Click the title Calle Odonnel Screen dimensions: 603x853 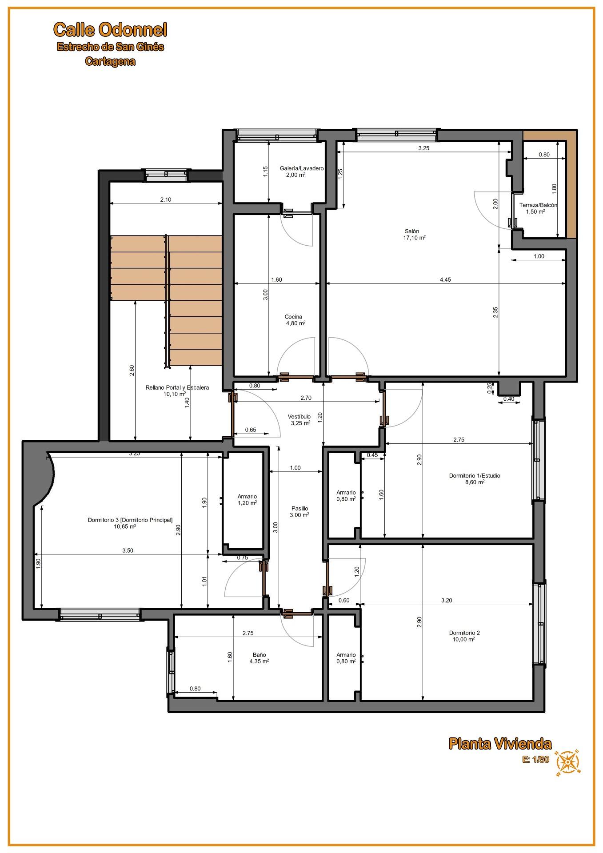pos(110,30)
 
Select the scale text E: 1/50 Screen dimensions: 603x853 pos(535,759)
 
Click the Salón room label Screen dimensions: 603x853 pos(412,231)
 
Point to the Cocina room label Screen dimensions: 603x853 pos(293,317)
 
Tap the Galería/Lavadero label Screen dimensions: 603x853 pos(302,168)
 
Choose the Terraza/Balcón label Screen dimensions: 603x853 pos(538,205)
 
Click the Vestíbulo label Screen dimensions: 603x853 pos(299,416)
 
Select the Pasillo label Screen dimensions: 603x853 pos(300,508)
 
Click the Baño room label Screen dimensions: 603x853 pos(260,654)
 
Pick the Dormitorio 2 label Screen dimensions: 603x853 pos(464,633)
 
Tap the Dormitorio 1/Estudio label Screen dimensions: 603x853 pos(475,475)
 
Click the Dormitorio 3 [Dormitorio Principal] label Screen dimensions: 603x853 pos(130,520)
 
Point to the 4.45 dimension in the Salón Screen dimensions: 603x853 pos(445,279)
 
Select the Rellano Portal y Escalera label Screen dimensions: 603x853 pos(177,387)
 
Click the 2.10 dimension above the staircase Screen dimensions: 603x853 pos(166,199)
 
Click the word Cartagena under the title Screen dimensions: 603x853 pos(110,61)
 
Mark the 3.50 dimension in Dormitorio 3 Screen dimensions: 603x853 pos(128,550)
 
